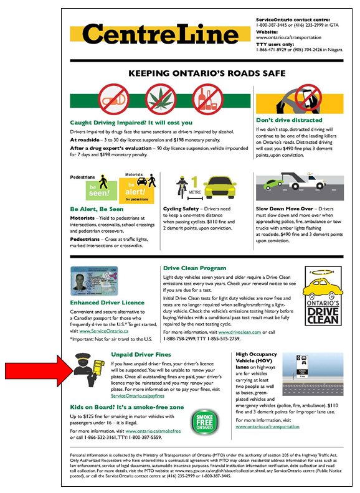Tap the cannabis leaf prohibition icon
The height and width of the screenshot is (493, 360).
click(x=159, y=96)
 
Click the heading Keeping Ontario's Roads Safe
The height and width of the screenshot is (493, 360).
click(x=206, y=73)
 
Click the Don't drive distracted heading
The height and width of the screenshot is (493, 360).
click(x=289, y=120)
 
